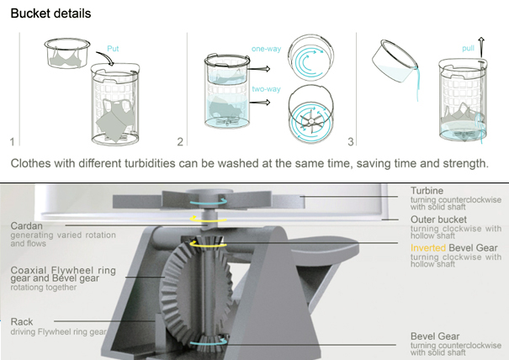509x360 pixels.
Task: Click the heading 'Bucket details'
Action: [x=50, y=13]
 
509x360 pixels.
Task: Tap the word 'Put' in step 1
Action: [x=113, y=49]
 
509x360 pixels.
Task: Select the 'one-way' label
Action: [x=266, y=49]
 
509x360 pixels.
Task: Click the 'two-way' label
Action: [x=266, y=89]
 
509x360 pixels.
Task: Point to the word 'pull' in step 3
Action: [x=468, y=49]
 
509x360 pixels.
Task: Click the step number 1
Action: [x=13, y=142]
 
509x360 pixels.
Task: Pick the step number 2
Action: [x=180, y=142]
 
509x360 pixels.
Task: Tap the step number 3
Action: [x=351, y=142]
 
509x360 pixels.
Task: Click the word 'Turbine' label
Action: [x=427, y=191]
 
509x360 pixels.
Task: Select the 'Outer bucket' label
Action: [x=438, y=220]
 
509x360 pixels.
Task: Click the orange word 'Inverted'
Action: [x=428, y=248]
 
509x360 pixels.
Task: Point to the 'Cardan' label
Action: [x=27, y=226]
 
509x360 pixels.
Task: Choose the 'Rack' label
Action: [x=22, y=321]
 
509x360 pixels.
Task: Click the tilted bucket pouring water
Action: [x=394, y=61]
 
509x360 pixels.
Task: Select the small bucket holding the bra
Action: [x=67, y=53]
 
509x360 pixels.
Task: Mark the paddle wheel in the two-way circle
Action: [x=311, y=121]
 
